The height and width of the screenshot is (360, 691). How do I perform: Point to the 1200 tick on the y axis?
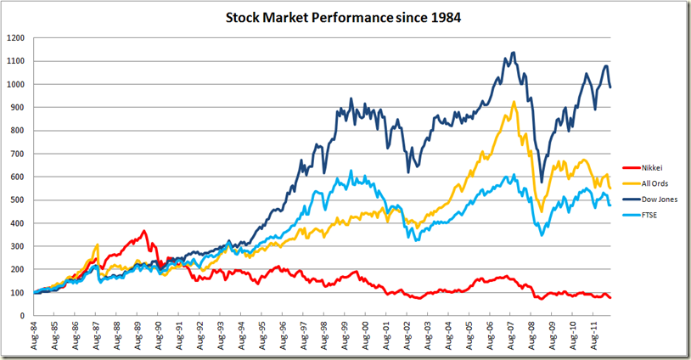coord(15,38)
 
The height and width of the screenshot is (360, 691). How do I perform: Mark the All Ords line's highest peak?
coord(514,102)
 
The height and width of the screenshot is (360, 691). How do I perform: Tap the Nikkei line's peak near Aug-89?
coord(144,231)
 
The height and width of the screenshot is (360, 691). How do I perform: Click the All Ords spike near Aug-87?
coord(98,245)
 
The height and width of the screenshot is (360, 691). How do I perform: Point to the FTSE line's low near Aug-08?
coord(542,234)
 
